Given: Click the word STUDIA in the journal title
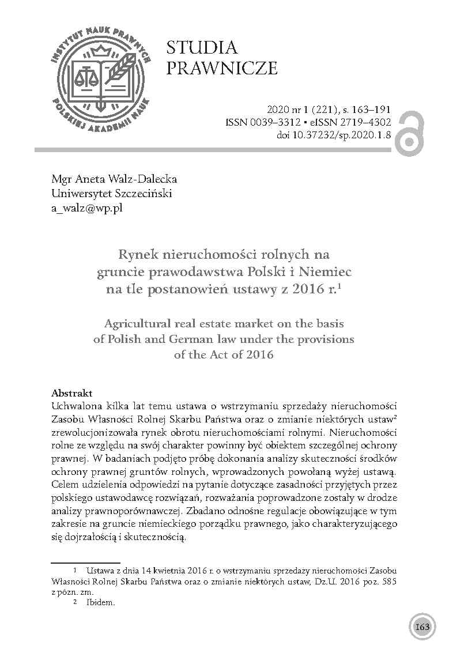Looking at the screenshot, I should click(202, 48).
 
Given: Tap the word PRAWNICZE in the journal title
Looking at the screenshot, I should click(222, 69).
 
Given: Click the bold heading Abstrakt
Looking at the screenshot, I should click(71, 393).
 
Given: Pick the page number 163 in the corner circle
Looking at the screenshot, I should click(423, 627).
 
